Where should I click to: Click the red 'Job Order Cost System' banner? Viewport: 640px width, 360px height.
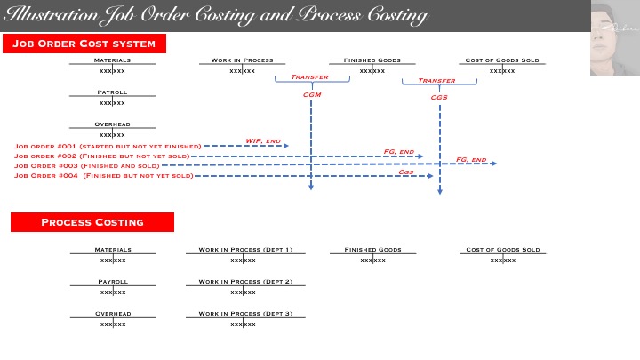coord(84,44)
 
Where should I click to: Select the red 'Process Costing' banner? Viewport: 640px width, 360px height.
coord(92,222)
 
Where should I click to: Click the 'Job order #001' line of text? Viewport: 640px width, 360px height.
coord(107,146)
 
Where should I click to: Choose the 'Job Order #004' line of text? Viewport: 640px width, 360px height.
coord(103,176)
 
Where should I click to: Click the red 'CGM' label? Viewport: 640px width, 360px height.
coord(311,93)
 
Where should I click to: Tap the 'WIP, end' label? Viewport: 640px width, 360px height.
coord(263,140)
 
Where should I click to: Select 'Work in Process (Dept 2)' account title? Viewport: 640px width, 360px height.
coord(245,282)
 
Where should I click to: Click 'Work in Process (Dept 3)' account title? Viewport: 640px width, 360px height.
coord(245,314)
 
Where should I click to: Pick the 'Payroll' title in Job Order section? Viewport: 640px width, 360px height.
coord(112,92)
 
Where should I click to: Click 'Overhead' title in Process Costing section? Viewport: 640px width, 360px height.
coord(113,314)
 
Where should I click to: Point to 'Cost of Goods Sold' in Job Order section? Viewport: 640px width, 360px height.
coord(502,60)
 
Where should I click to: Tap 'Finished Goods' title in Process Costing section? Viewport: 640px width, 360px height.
coord(372,250)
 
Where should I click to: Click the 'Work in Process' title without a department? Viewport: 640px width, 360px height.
coord(242,60)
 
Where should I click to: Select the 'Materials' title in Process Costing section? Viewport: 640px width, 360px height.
coord(113,250)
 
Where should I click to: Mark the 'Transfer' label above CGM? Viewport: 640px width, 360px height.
coord(310,77)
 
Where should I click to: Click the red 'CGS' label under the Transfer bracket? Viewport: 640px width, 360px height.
coord(439,97)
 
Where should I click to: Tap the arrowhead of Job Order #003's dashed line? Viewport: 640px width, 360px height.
coord(493,164)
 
